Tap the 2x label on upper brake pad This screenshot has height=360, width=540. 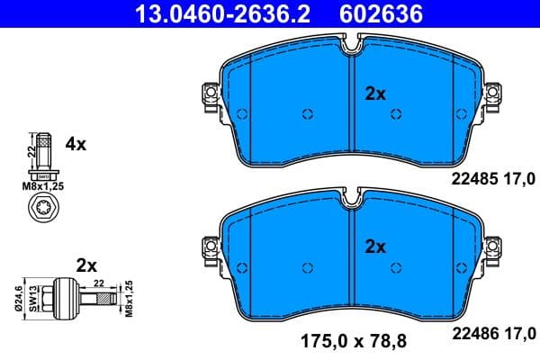point(375,93)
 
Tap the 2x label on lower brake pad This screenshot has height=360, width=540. point(375,246)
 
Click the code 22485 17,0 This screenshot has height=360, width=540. point(492,179)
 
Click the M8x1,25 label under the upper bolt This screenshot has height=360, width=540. point(42,186)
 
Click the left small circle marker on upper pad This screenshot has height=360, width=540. point(307,114)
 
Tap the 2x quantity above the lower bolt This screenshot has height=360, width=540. point(86,265)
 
